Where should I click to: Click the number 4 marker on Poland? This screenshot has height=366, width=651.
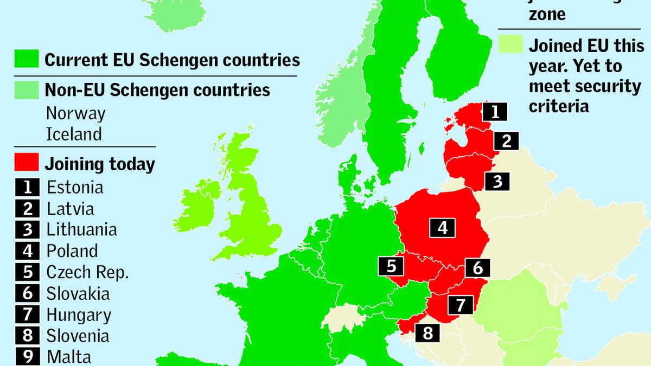(x=443, y=228)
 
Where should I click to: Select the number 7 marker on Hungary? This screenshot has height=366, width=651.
(x=461, y=305)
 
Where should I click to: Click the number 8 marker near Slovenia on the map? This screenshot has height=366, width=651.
(x=427, y=332)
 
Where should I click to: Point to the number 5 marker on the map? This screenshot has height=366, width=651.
(x=391, y=266)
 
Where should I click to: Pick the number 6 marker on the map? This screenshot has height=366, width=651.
(x=477, y=267)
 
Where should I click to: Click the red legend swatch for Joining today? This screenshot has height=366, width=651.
(x=27, y=163)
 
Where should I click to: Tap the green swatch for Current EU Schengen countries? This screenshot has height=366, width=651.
(x=27, y=59)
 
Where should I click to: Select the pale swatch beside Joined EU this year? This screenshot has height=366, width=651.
(x=510, y=45)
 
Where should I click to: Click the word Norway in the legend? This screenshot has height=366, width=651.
(x=75, y=113)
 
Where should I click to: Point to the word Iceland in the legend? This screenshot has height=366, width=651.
(x=74, y=133)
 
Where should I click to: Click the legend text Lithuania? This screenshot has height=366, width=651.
(x=81, y=229)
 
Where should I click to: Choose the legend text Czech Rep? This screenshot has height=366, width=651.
(x=87, y=272)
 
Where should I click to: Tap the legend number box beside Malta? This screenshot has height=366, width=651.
(x=27, y=356)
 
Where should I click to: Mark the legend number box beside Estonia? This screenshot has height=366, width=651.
(x=27, y=187)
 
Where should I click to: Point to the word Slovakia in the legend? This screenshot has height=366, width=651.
(x=78, y=293)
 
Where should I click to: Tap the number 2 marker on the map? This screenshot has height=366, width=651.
(x=506, y=141)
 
